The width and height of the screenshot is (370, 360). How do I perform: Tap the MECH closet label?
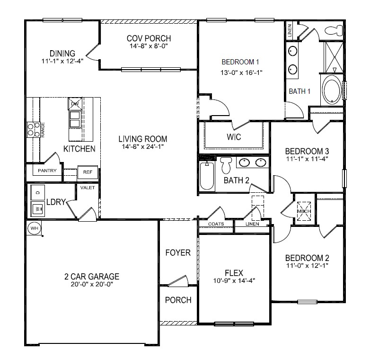(x=304, y=212)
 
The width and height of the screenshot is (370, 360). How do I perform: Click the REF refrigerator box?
(x=87, y=172)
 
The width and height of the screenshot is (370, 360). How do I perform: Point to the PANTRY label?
(x=47, y=171)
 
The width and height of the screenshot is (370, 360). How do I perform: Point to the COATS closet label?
(x=215, y=224)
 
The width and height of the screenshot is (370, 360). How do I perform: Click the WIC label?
(x=234, y=137)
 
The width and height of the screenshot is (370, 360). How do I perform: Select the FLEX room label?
(x=234, y=273)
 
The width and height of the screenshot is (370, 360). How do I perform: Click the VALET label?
(x=88, y=188)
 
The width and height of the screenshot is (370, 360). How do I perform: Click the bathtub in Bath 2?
(x=206, y=177)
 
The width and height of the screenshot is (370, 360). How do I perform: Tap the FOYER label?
(x=178, y=252)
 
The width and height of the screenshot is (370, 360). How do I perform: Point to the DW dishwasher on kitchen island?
(x=75, y=104)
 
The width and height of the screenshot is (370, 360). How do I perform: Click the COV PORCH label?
(x=149, y=38)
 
